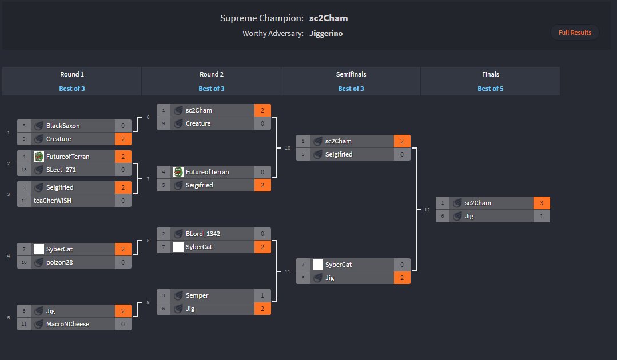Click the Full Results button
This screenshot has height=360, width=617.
pyautogui.click(x=575, y=33)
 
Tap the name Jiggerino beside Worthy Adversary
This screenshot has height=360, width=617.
pyautogui.click(x=326, y=33)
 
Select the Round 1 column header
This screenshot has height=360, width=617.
pyautogui.click(x=72, y=74)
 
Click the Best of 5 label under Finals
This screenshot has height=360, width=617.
pyautogui.click(x=490, y=89)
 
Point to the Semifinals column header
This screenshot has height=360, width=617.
pyautogui.click(x=351, y=74)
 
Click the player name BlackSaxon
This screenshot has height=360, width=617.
pyautogui.click(x=63, y=126)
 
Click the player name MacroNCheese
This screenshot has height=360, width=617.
pyautogui.click(x=67, y=324)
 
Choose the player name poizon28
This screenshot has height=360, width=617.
pyautogui.click(x=59, y=262)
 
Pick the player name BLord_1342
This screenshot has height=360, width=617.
pyautogui.click(x=202, y=234)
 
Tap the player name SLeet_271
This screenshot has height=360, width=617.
pyautogui.click(x=61, y=170)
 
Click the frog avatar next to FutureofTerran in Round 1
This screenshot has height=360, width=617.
pyautogui.click(x=39, y=157)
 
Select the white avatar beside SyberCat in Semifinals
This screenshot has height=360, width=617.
pyautogui.click(x=318, y=265)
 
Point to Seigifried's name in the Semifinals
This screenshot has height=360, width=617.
pyautogui.click(x=339, y=154)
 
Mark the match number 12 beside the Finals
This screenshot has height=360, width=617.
pyautogui.click(x=427, y=210)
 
